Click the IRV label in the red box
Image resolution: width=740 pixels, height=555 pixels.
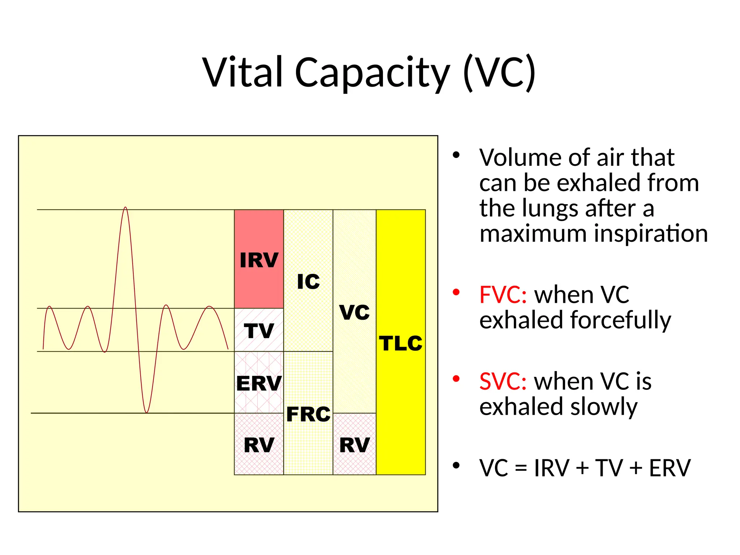(259, 260)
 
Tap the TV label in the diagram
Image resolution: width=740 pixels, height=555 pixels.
(259, 331)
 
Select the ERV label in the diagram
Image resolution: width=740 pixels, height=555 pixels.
(259, 383)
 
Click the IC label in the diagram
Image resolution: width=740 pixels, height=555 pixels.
(308, 281)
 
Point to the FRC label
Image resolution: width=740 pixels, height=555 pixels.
(308, 414)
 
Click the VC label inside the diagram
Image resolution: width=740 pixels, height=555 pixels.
(354, 312)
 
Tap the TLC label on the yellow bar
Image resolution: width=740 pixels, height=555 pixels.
(400, 343)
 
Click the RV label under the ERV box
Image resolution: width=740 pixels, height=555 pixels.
(259, 445)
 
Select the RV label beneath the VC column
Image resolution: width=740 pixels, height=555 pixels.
(354, 445)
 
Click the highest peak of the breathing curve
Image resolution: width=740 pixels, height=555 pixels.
(125, 208)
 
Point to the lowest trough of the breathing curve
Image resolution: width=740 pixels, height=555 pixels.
(146, 412)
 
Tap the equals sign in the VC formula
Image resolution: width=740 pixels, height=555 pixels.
(521, 469)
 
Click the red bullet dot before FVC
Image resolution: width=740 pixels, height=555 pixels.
(456, 292)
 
